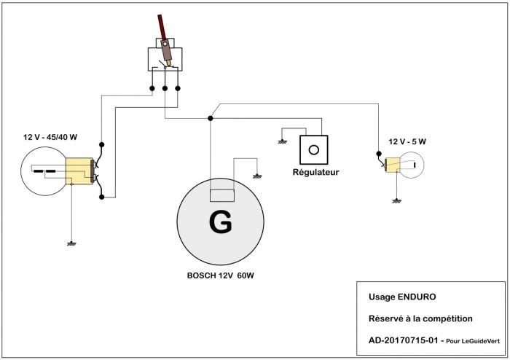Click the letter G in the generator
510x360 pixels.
click(x=220, y=223)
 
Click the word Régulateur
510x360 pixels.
click(x=315, y=173)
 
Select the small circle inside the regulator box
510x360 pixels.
click(x=314, y=149)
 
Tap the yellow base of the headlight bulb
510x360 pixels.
click(x=79, y=173)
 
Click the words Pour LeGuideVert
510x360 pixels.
click(x=473, y=341)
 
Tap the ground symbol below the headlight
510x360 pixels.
click(x=71, y=242)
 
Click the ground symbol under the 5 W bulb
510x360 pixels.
click(x=396, y=199)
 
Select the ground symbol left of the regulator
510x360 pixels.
click(x=282, y=142)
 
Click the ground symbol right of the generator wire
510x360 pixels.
click(x=256, y=176)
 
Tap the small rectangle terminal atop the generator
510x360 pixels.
click(x=221, y=195)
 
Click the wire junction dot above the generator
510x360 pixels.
click(x=209, y=117)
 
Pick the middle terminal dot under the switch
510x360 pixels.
click(x=165, y=90)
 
